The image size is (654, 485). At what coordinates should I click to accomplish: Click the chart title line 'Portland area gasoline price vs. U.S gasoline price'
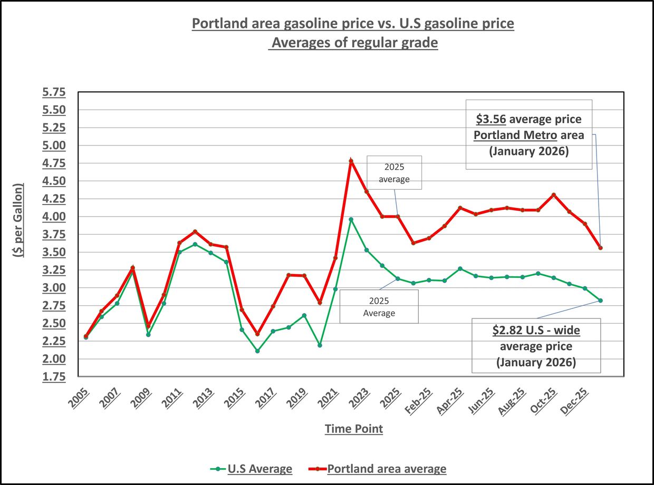[x=352, y=24]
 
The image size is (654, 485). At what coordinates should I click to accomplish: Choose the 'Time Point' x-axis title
[x=353, y=429]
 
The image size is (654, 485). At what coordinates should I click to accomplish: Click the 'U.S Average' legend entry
[x=259, y=469]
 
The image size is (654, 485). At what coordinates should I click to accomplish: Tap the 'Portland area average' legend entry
[x=386, y=469]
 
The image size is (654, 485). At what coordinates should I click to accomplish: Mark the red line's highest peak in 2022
[x=351, y=161]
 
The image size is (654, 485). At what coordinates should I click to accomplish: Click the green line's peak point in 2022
[x=351, y=219]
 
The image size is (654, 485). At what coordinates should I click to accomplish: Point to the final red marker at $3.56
[x=600, y=248]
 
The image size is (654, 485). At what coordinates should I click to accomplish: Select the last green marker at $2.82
[x=600, y=300]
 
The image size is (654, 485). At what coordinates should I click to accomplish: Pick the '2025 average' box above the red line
[x=395, y=172]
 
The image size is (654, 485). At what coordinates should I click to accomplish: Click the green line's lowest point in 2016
[x=257, y=351]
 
